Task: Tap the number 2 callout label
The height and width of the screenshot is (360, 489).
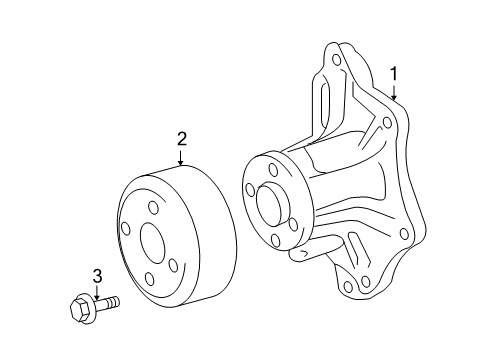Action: pyautogui.click(x=181, y=139)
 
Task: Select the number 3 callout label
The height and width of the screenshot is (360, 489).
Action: pyautogui.click(x=97, y=276)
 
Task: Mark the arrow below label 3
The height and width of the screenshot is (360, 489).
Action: pyautogui.click(x=97, y=292)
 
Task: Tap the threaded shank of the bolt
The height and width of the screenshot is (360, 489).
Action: pyautogui.click(x=107, y=300)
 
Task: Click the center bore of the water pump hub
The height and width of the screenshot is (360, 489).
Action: pyautogui.click(x=271, y=204)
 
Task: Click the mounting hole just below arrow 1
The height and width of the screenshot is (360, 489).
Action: pyautogui.click(x=386, y=123)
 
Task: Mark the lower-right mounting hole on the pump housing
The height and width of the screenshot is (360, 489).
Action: pyautogui.click(x=404, y=234)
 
